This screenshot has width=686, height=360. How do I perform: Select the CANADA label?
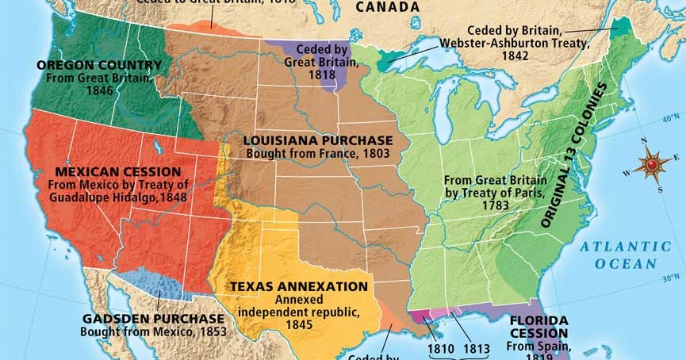[387, 8]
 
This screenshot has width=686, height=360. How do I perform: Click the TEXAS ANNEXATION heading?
[299, 286]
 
